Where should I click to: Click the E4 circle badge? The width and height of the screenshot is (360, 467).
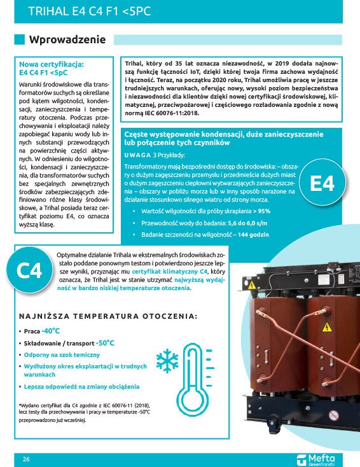pyautogui.click(x=322, y=184)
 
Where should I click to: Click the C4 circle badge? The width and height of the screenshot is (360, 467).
pyautogui.click(x=29, y=270)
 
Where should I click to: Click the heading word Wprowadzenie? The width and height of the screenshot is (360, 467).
pyautogui.click(x=67, y=39)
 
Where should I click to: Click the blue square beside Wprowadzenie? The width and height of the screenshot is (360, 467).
pyautogui.click(x=20, y=39)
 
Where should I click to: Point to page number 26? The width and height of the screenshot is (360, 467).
pyautogui.click(x=26, y=459)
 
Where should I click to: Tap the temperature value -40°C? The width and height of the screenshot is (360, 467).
pyautogui.click(x=51, y=331)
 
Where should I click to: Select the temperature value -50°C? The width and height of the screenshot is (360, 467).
pyautogui.click(x=106, y=342)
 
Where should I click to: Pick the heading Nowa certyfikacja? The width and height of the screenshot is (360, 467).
pyautogui.click(x=51, y=64)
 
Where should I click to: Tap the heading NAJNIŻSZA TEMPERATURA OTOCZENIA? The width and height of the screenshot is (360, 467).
pyautogui.click(x=107, y=316)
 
